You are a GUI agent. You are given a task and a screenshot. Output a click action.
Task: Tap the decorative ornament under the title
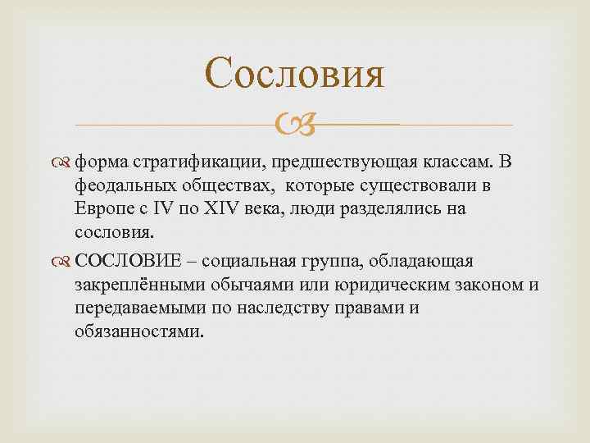pos(294,126)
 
